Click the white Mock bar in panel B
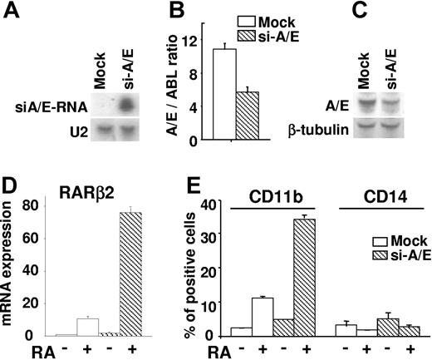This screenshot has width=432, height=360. (x=224, y=94)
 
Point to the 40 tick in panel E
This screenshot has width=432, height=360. (x=214, y=202)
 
